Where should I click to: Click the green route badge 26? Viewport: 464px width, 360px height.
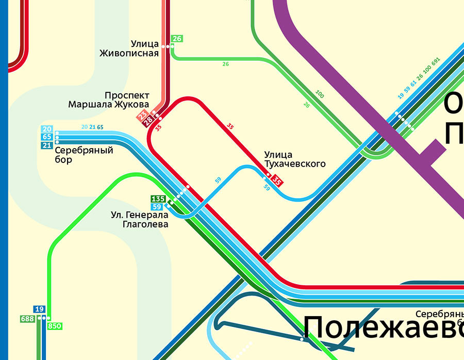[x=177, y=39]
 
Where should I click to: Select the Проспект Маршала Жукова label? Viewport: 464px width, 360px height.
[x=109, y=100]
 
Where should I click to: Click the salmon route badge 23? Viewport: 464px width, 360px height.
[x=142, y=115]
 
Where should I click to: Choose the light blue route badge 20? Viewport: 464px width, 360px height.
[x=47, y=129]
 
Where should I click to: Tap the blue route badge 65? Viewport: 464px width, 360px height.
[x=47, y=137]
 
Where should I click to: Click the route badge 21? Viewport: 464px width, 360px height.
[x=47, y=145]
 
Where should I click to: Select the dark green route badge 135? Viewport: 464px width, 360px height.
[x=157, y=199]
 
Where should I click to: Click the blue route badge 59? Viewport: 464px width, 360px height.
[x=157, y=207]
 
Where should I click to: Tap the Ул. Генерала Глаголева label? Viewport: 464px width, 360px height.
[x=140, y=219]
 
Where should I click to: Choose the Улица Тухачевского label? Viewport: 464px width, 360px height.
[x=295, y=159]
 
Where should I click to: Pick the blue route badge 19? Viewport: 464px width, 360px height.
[x=39, y=309]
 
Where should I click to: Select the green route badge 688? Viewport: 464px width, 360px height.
[x=27, y=319]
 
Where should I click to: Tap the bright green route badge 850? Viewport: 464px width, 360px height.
[x=55, y=326]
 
